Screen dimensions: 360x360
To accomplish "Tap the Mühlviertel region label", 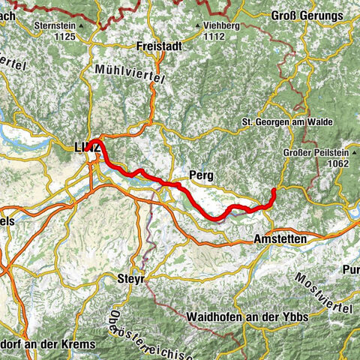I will point(124,70).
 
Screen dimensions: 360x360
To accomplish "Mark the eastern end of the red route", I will point(274,191).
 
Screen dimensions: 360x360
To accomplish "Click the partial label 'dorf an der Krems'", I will point(46,343).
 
